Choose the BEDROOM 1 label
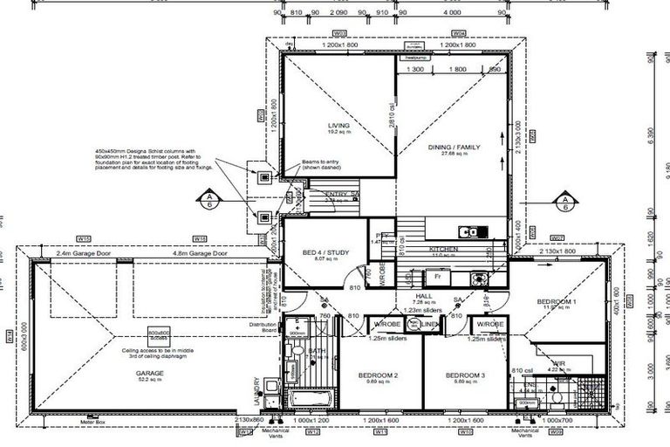pyautogui.click(x=555, y=301)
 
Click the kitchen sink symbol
pyautogui.click(x=471, y=232)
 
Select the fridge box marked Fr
pyautogui.click(x=436, y=275)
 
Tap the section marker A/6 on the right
pyautogui.click(x=564, y=203)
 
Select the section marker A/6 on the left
pyautogui.click(x=210, y=203)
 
